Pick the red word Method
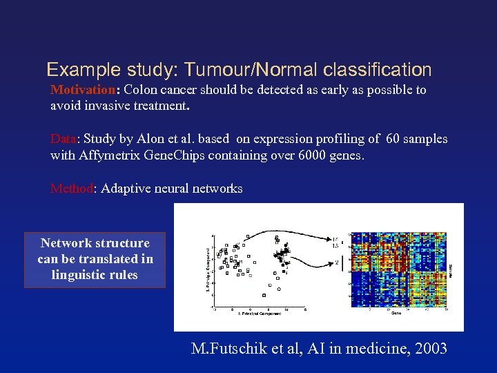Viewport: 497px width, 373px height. (x=71, y=189)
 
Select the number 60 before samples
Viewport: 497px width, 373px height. (x=394, y=139)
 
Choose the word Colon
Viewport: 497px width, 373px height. (x=141, y=90)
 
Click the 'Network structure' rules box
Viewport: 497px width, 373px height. (x=95, y=259)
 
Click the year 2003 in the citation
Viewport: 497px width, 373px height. (x=429, y=349)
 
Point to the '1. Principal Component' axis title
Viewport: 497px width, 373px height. (x=259, y=314)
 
